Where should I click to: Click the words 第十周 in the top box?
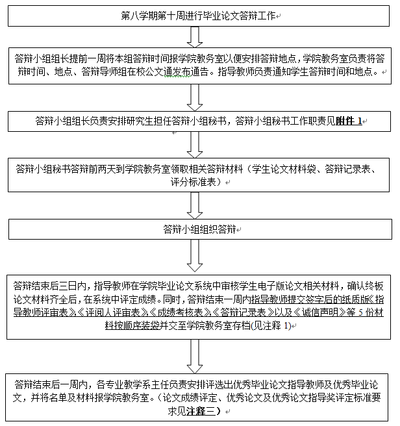click(x=165, y=14)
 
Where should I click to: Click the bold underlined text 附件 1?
click(x=349, y=121)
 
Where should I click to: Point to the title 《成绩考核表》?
click(x=184, y=312)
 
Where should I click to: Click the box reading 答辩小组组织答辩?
click(x=199, y=230)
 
